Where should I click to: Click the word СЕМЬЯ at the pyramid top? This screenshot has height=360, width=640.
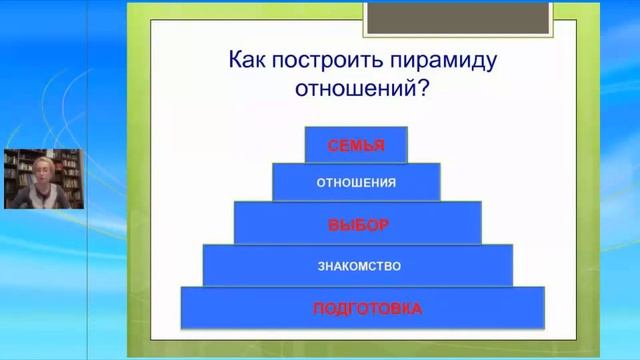pyautogui.click(x=356, y=145)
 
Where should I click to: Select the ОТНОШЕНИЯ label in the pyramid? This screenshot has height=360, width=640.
pyautogui.click(x=356, y=183)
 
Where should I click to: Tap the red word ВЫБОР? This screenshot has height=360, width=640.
pyautogui.click(x=358, y=225)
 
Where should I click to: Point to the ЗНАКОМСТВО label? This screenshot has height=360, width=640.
pyautogui.click(x=359, y=266)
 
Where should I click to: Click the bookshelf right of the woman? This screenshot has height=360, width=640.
pyautogui.click(x=70, y=170)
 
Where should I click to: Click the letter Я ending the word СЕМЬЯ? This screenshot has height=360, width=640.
pyautogui.click(x=379, y=145)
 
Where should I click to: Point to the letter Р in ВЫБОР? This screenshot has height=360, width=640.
pyautogui.click(x=383, y=225)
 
